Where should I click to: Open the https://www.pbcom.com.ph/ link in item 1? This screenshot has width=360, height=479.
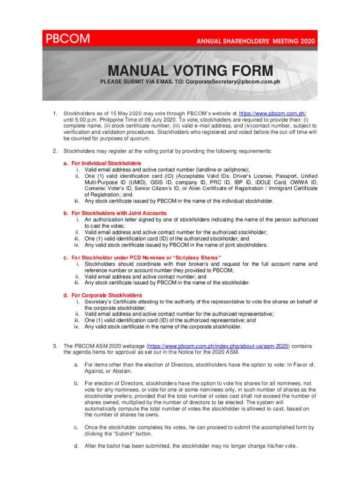[x=273, y=114]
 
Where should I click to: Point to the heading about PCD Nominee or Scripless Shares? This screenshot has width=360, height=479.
[x=142, y=258]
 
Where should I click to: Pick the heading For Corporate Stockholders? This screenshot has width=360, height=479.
[x=102, y=296]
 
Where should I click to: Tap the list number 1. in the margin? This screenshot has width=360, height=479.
[x=55, y=114]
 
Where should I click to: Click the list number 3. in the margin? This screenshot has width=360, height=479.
[x=55, y=346]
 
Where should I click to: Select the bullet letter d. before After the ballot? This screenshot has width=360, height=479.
[x=76, y=446]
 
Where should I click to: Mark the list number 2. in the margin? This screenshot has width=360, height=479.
[x=55, y=151]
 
